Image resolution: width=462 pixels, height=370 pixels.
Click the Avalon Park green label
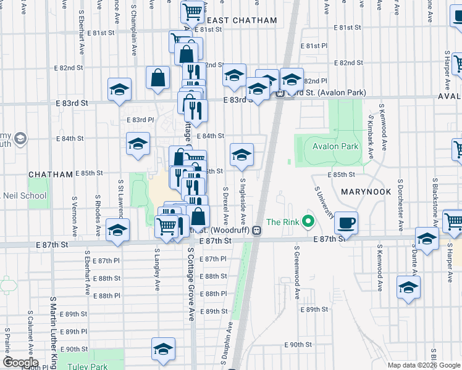tap(335, 147)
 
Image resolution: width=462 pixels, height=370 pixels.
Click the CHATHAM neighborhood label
tap(51, 175)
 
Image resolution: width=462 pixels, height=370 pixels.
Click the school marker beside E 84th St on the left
tap(138, 144)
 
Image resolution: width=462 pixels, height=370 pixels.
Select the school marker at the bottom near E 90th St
tap(162, 349)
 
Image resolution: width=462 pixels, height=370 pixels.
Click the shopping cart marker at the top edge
tap(193, 10)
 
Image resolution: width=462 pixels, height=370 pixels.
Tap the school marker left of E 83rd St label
tap(119, 89)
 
